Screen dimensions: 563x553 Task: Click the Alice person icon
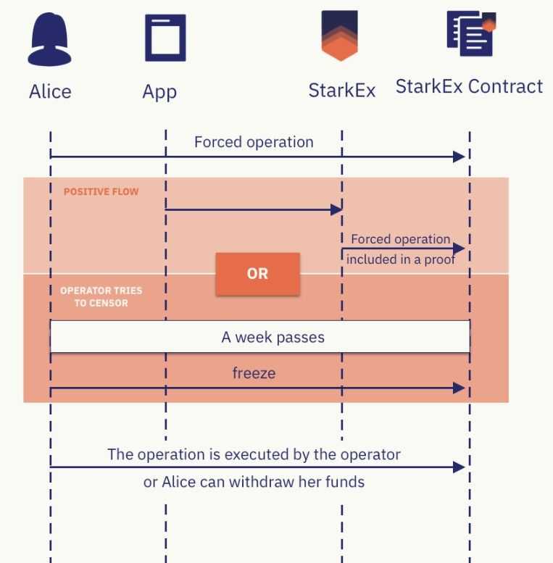(50, 41)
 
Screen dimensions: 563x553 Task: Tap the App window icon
(165, 38)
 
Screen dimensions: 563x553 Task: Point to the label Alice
(50, 92)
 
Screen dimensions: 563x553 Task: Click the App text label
(159, 92)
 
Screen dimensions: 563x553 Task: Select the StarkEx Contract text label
(469, 87)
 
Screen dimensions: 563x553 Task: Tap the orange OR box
(257, 274)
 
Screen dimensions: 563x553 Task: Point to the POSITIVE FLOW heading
(101, 192)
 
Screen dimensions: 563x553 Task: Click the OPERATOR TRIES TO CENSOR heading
(101, 296)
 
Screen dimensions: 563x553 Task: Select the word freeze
(254, 374)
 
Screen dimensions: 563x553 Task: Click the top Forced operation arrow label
(254, 142)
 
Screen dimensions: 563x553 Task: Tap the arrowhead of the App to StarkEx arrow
(336, 210)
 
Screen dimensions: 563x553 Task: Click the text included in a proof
(400, 260)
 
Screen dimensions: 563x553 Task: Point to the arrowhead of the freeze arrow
(458, 388)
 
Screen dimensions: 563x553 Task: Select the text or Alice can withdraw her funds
(254, 481)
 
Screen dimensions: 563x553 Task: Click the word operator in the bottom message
(370, 455)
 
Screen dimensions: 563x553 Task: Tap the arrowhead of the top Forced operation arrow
(458, 157)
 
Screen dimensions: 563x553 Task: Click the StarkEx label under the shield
(342, 91)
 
